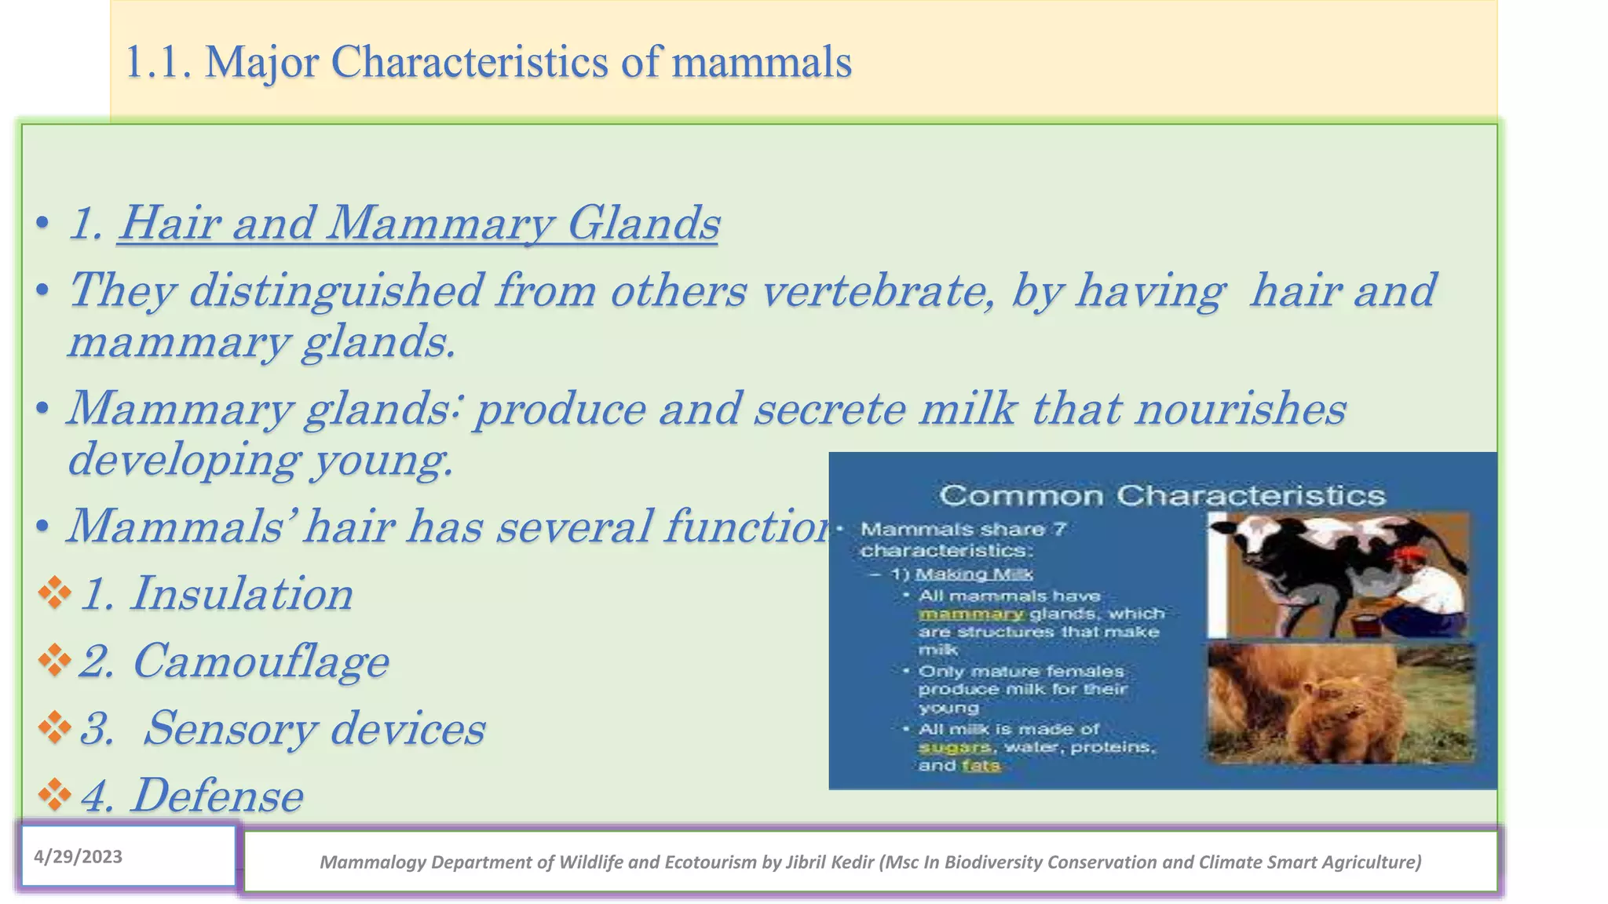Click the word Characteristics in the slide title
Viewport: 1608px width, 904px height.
click(469, 62)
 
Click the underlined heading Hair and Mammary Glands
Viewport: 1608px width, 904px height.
click(418, 223)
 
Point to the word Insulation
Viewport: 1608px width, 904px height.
click(241, 593)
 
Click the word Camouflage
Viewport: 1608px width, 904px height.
click(260, 661)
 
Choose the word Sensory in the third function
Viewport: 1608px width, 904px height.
click(230, 728)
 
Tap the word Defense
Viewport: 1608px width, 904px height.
click(217, 796)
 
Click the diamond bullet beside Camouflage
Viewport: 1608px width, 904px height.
click(55, 660)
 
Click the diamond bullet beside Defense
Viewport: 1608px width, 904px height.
click(55, 795)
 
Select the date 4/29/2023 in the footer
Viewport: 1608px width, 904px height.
click(78, 856)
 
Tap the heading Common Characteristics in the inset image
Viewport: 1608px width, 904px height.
click(1162, 496)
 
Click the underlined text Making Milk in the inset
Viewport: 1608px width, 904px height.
click(974, 574)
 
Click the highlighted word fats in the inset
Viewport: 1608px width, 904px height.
click(981, 765)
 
